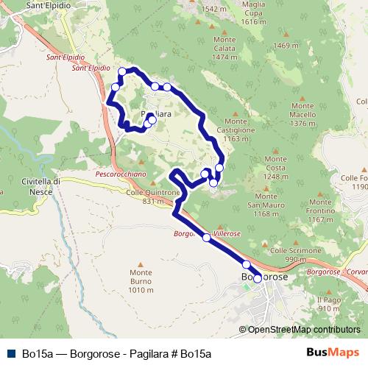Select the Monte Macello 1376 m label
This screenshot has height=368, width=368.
click(302, 118)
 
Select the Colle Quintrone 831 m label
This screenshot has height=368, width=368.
click(153, 197)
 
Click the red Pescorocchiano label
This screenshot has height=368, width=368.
click(122, 175)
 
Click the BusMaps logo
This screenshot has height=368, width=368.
click(333, 353)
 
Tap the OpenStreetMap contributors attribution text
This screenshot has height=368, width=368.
click(304, 330)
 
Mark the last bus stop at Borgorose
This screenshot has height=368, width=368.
click(257, 278)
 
